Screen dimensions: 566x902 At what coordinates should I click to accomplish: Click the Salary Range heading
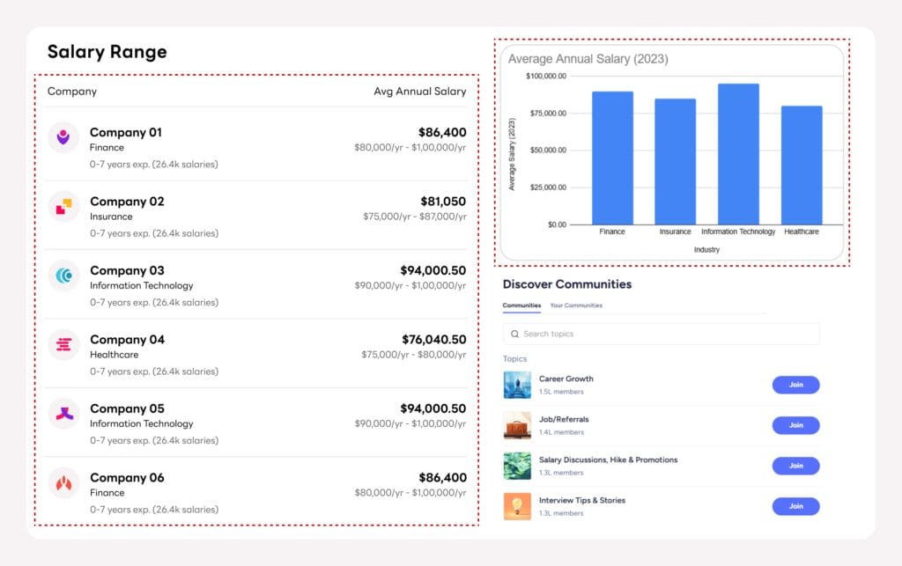[107, 52]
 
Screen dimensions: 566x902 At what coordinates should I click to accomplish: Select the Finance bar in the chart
[612, 158]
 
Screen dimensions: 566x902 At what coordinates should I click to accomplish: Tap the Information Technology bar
[738, 154]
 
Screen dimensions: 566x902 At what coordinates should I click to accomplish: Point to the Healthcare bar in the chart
[802, 165]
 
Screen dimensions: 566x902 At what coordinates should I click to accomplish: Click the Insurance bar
[675, 161]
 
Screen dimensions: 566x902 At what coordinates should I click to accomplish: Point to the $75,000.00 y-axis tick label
[546, 113]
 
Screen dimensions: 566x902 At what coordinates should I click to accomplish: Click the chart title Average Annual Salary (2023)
[588, 59]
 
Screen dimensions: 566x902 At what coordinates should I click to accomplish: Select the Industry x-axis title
[706, 250]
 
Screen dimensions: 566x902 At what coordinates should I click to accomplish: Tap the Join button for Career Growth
[795, 385]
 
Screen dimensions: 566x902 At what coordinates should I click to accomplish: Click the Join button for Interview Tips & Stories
[795, 506]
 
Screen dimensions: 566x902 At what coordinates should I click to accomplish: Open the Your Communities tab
[576, 305]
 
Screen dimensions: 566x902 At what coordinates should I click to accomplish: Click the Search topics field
[661, 334]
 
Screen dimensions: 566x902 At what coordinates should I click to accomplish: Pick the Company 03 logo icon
[63, 276]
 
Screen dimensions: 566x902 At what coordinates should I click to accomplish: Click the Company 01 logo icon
[63, 137]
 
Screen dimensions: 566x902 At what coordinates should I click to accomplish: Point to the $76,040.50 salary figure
[433, 340]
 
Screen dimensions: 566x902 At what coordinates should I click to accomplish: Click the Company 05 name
[127, 408]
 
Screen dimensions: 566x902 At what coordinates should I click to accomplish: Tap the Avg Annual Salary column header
[419, 92]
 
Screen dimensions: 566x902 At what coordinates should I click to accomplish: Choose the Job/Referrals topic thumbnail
[517, 425]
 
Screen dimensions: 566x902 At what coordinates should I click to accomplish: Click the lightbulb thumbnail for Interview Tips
[517, 506]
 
